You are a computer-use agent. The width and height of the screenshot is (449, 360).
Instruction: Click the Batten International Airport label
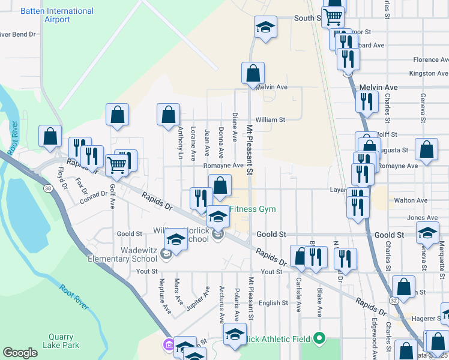coord(57,16)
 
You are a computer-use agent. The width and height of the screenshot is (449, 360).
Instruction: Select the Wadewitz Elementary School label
coord(118,254)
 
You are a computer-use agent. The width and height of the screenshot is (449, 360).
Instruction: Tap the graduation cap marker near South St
coord(265,27)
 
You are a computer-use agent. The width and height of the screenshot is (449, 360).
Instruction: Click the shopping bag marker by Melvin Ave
coord(253,73)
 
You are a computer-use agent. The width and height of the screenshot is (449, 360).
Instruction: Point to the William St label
coord(270,119)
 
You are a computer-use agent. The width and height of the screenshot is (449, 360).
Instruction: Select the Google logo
coord(20,353)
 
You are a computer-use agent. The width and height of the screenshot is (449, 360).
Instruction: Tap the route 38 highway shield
coord(48,188)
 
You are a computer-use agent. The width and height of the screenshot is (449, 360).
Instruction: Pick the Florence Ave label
coord(430,60)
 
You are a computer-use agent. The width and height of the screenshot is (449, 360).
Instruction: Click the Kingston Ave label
coord(429,73)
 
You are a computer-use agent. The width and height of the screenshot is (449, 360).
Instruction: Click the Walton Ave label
coord(411,200)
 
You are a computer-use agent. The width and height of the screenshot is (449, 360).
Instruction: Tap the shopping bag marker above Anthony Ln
coord(169,114)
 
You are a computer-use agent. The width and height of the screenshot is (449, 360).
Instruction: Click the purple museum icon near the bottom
coord(168,346)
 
